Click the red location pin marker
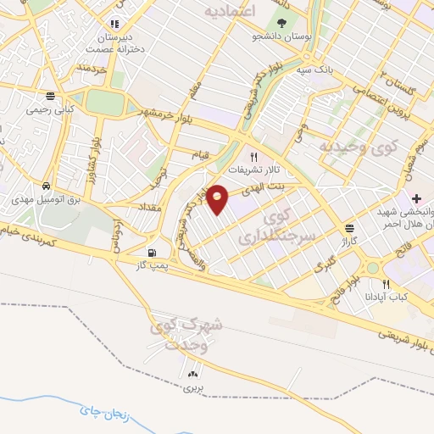click(219, 198)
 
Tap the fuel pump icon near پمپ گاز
click(152, 253)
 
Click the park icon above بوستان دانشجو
click(281, 23)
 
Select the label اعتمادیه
click(230, 11)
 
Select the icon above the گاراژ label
click(349, 228)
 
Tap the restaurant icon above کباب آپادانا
click(387, 284)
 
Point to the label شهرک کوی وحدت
click(186, 332)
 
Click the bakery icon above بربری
click(194, 374)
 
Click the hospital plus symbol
click(416, 198)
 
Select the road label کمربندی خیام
click(29, 233)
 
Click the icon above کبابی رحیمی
click(51, 96)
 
